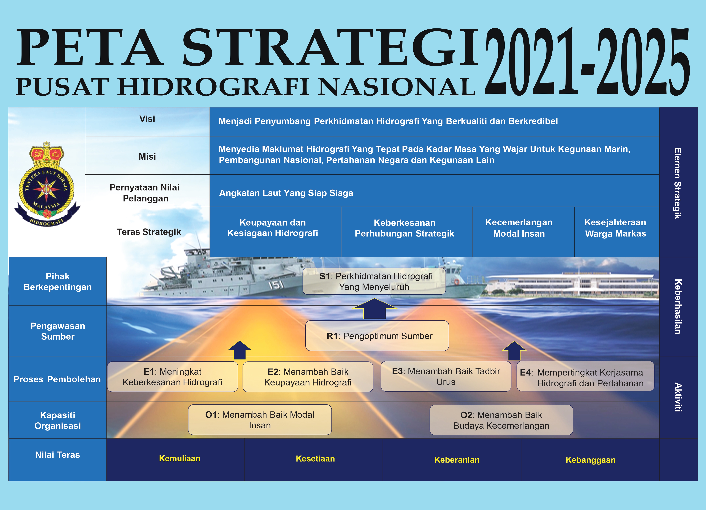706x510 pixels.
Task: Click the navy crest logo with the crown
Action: click(47, 184)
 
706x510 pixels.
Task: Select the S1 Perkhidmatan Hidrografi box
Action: click(374, 281)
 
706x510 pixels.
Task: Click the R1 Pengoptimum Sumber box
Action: click(377, 336)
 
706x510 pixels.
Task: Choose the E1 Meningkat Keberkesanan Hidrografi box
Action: click(172, 377)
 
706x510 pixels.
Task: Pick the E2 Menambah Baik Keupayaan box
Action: click(308, 377)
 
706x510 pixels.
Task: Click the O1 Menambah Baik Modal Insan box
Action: click(260, 420)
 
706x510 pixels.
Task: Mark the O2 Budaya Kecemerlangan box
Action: click(501, 420)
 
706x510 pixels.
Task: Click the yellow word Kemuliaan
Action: click(180, 458)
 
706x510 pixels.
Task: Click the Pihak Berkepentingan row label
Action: click(58, 282)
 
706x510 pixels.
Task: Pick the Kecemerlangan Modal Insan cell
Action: click(519, 228)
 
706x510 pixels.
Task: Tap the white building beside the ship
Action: click(573, 283)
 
